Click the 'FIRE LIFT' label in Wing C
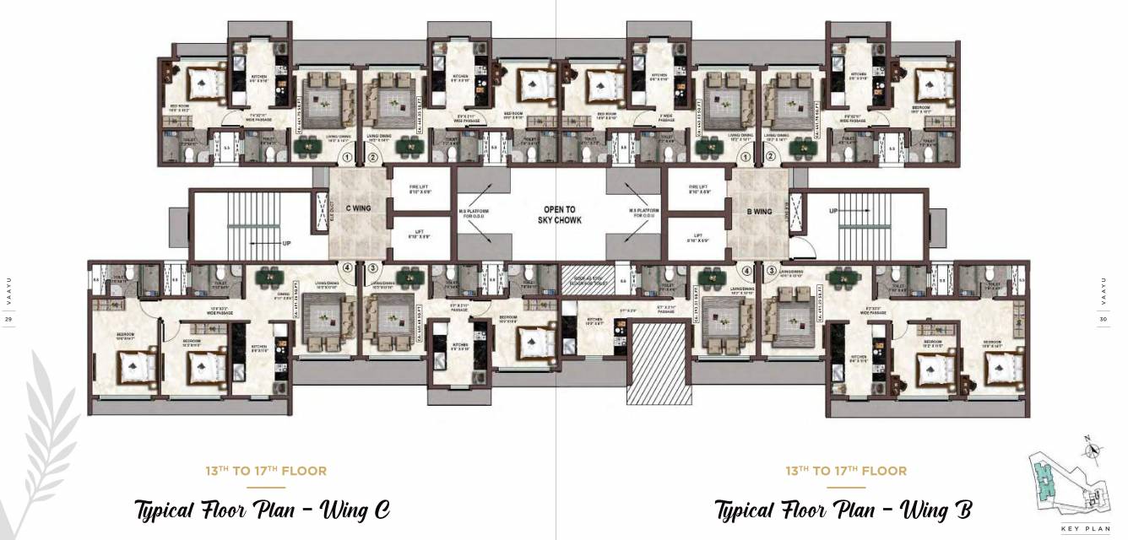(x=420, y=189)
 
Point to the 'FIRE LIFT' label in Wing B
(x=697, y=189)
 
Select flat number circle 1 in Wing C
(x=346, y=157)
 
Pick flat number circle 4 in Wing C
(x=346, y=268)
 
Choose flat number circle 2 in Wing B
(x=771, y=157)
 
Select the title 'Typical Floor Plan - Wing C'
(x=262, y=510)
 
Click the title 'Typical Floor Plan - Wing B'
(x=843, y=510)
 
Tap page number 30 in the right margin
(x=1103, y=320)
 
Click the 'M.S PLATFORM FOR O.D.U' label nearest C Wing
(x=474, y=214)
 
